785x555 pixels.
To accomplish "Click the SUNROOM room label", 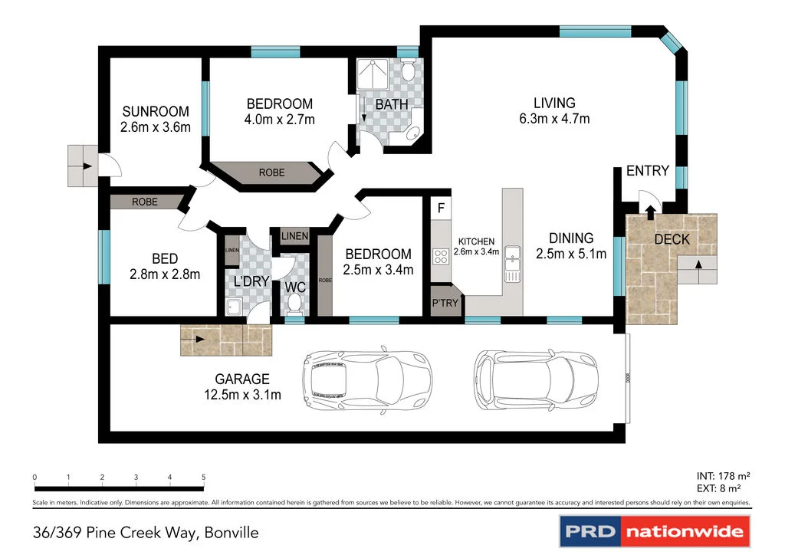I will pyautogui.click(x=155, y=112).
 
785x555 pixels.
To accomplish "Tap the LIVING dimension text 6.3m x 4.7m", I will pyautogui.click(x=554, y=119).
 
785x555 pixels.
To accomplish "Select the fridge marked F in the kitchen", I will pyautogui.click(x=441, y=208).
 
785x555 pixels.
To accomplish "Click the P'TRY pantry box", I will pyautogui.click(x=445, y=303).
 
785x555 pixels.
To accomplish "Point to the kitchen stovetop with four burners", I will pyautogui.click(x=441, y=256).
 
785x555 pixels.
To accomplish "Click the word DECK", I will pyautogui.click(x=671, y=240).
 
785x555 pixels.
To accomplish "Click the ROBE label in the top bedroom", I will pyautogui.click(x=271, y=172).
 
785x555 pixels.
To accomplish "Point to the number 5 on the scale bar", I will pyautogui.click(x=203, y=478).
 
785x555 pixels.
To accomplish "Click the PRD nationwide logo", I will pyautogui.click(x=653, y=530).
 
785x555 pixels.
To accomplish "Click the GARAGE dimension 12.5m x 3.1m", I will pyautogui.click(x=241, y=396).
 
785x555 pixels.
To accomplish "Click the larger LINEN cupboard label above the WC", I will pyautogui.click(x=294, y=236).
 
